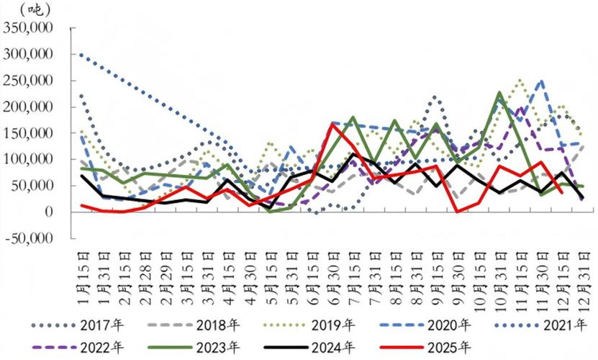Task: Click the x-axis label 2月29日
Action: pyautogui.click(x=166, y=270)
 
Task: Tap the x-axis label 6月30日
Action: pyautogui.click(x=333, y=270)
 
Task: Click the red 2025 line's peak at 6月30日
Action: pyautogui.click(x=332, y=124)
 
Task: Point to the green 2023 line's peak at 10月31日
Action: pyautogui.click(x=499, y=93)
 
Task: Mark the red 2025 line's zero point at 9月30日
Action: pyautogui.click(x=457, y=212)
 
